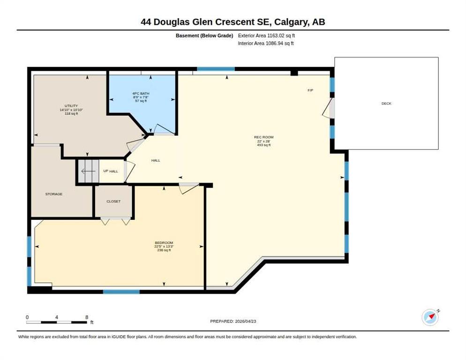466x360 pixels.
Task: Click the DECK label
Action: pos(386,104)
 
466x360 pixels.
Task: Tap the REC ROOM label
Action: pos(263,137)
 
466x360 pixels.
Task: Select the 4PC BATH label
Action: pos(141,93)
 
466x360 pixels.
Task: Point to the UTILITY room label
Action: pos(71,106)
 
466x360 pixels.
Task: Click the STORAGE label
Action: pos(54,194)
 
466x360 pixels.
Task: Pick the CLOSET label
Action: pos(113,201)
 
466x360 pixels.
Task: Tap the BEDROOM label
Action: pos(164,242)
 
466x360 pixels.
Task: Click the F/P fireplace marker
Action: pos(310,90)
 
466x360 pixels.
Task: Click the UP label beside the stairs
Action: pos(106,171)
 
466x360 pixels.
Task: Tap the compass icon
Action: pos(430,317)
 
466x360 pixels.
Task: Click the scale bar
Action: pos(57,322)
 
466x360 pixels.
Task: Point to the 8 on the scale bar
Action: pos(87,317)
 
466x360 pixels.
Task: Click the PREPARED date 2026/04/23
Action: pos(246,322)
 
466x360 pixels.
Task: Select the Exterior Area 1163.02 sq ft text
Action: pos(266,36)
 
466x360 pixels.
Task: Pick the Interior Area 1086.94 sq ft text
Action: pos(266,44)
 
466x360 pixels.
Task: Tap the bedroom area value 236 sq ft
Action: pos(164,250)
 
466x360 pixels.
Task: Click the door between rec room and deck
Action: pos(329,108)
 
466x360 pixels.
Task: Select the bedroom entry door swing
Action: pos(189,188)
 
